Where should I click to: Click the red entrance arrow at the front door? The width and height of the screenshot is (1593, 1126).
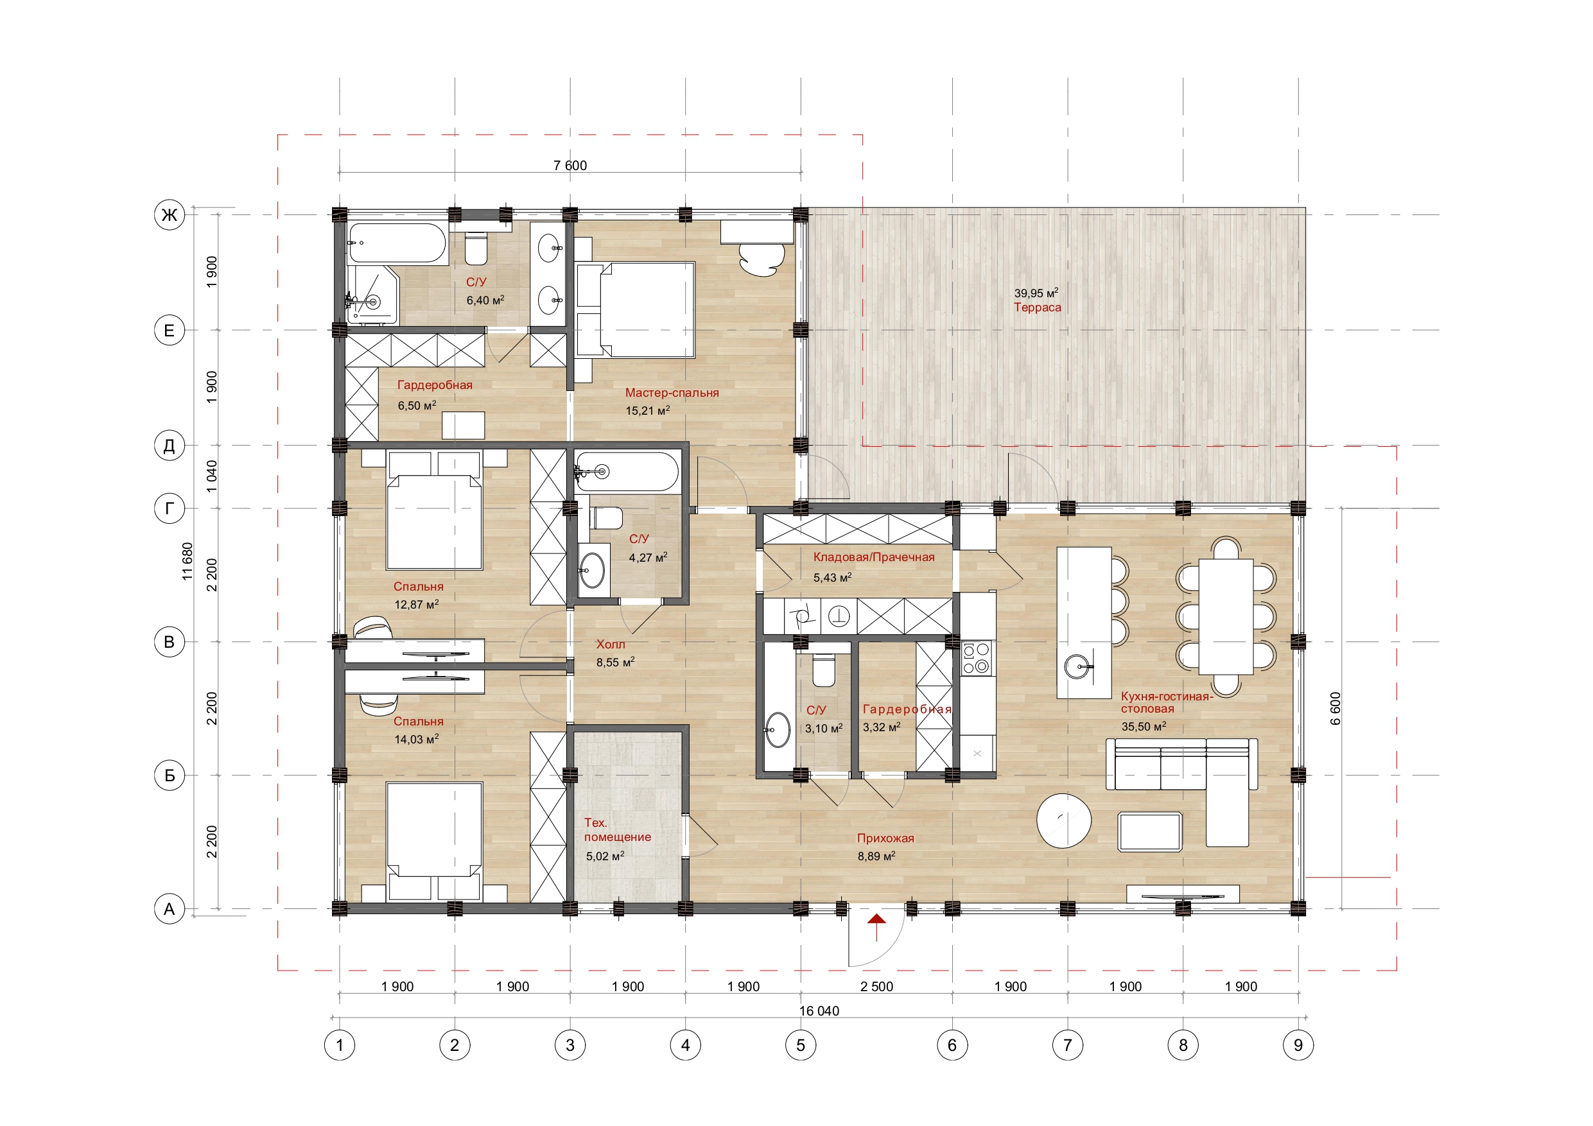(877, 926)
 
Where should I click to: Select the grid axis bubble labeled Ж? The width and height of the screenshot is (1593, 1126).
(170, 215)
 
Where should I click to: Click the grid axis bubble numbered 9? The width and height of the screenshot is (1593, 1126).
(1298, 1045)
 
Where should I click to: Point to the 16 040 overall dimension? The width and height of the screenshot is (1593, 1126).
(819, 1011)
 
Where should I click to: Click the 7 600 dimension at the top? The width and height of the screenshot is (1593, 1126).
(570, 165)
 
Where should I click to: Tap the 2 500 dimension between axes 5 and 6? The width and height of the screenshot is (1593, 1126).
(876, 987)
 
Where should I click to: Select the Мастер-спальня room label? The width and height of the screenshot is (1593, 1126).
(672, 393)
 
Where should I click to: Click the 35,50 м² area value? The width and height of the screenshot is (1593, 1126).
(1144, 727)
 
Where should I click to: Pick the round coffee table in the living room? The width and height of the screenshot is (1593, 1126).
(1064, 820)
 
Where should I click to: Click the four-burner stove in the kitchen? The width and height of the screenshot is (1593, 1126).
(976, 659)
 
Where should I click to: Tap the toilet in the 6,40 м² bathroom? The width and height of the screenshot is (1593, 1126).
(476, 248)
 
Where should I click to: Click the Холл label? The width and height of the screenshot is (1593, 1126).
(611, 645)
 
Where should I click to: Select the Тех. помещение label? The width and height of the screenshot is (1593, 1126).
(618, 830)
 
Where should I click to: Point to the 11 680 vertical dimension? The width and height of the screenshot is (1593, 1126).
(187, 561)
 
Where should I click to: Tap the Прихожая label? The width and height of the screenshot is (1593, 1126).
(885, 838)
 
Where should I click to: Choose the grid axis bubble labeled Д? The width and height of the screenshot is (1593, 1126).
(170, 446)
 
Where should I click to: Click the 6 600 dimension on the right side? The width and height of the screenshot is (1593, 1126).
(1336, 708)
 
